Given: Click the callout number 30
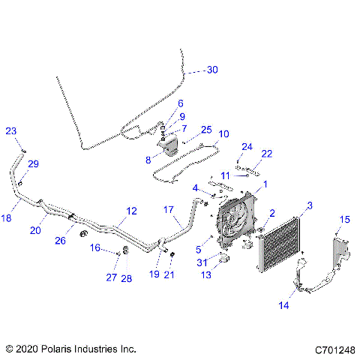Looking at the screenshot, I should tap(212, 70).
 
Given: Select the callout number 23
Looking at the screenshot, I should tap(11, 131).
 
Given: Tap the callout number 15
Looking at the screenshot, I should tap(346, 219).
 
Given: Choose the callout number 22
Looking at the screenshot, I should tap(266, 154).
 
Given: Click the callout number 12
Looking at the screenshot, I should tap(131, 211).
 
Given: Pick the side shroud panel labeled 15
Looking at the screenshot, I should tap(342, 251).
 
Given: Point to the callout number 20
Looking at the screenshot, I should tap(35, 231).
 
